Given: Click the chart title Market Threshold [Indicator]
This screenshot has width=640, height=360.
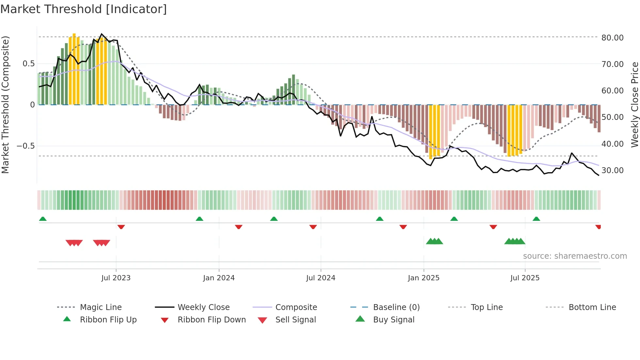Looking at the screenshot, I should point(84,9).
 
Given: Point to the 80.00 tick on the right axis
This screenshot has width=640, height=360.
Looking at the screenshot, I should point(612,38).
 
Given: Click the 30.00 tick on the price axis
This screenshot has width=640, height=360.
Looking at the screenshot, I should point(612,171).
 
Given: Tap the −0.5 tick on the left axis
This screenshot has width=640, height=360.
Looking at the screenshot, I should point(26,146).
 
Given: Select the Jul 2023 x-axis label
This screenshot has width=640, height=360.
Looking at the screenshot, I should point(116,278).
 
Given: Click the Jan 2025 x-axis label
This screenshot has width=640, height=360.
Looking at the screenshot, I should point(424,278).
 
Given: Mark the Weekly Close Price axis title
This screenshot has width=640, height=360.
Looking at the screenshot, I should point(634,105).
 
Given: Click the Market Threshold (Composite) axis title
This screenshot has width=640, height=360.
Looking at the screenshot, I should point(5,105).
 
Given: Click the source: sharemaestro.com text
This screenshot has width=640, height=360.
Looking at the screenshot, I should point(575,256).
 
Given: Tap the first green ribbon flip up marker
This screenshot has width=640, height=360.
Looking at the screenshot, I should point(43,219).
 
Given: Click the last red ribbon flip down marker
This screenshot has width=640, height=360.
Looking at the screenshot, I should point(598,227).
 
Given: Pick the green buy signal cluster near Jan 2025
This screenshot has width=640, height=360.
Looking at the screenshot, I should point(434,241).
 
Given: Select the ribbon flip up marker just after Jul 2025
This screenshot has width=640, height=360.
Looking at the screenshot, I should point(536,219).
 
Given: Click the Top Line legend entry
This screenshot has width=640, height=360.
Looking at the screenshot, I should point(487,307).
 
